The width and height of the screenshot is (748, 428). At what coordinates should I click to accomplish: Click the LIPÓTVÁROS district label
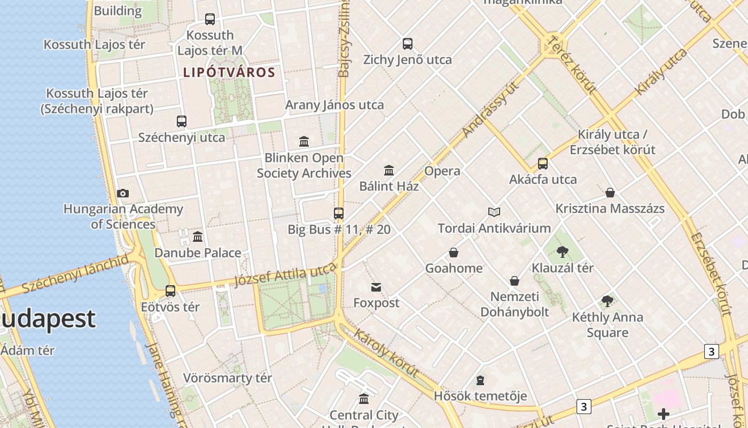(x=229, y=72)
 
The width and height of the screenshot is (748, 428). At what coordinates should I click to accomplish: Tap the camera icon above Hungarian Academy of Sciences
(x=123, y=193)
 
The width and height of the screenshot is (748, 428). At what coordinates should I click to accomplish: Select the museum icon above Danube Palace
(x=198, y=236)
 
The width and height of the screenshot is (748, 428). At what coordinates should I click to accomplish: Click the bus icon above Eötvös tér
(x=170, y=291)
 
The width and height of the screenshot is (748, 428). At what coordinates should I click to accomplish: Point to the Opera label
(x=442, y=171)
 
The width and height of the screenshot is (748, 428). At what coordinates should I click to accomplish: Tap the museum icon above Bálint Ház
(x=389, y=171)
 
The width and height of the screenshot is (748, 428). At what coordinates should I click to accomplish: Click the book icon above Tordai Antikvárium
(x=494, y=212)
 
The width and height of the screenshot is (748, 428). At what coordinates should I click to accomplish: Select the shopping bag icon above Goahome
(x=454, y=253)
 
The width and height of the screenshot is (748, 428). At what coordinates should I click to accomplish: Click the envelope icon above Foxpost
(x=376, y=287)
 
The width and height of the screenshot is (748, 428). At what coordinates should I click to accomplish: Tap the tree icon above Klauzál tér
(x=562, y=252)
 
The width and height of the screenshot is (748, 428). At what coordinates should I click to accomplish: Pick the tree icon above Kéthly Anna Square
(x=607, y=301)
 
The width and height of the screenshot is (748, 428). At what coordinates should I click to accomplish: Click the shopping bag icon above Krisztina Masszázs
(x=610, y=193)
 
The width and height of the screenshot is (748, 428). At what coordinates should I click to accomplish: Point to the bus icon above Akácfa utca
(x=543, y=164)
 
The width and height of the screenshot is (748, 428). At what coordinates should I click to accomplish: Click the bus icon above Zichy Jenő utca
(x=408, y=44)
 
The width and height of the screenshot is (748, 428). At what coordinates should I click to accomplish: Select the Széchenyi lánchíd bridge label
(x=75, y=274)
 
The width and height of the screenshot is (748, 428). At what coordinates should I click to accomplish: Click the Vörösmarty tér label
(x=228, y=378)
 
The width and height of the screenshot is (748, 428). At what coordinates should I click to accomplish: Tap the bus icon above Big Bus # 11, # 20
(x=339, y=213)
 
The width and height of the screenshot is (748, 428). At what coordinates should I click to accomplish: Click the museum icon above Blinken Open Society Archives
(x=304, y=142)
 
